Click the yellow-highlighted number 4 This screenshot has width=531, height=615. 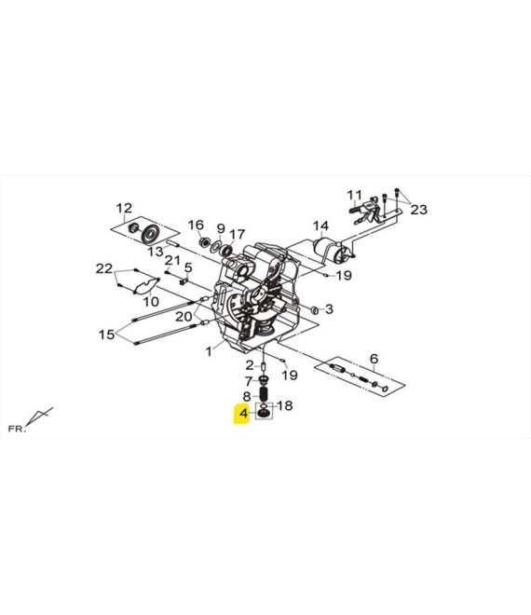244,414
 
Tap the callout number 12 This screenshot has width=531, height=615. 124,209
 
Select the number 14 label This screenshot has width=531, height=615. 320,225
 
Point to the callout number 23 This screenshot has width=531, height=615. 418,210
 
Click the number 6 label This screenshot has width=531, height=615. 374,359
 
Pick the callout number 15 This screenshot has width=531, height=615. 106,335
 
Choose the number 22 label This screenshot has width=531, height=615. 104,268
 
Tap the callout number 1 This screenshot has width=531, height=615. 209,351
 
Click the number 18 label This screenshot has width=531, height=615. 285,405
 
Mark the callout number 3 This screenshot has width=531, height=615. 329,309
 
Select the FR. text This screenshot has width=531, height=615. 17,429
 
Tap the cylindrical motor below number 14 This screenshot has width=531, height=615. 329,250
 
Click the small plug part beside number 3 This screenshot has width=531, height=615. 314,310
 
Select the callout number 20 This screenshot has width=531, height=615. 184,316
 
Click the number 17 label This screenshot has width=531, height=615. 238,235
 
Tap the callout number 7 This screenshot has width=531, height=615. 249,381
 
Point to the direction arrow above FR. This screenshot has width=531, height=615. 39,416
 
